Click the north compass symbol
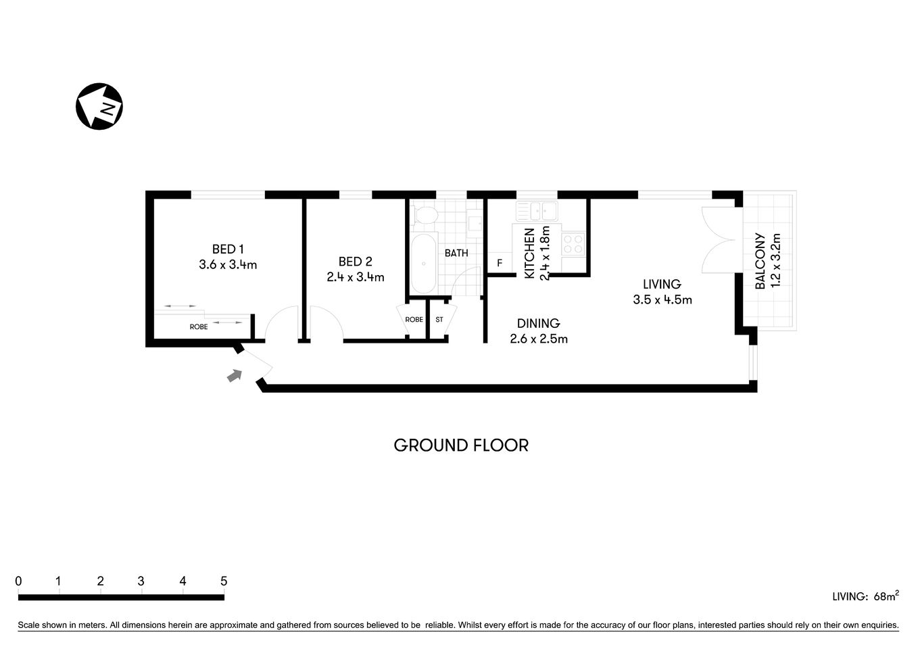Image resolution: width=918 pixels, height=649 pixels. pos(99,106)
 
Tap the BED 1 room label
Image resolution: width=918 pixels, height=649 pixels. pos(228,249)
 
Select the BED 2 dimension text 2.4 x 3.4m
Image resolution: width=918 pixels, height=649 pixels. pos(355,277)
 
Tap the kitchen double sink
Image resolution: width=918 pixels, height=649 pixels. pos(536,211)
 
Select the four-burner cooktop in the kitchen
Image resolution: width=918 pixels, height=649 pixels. pos(573,243)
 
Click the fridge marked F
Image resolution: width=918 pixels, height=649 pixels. pos(500,263)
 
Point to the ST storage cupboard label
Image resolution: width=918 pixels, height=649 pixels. pos(439,320)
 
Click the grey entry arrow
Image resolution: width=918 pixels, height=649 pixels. pos(234,375)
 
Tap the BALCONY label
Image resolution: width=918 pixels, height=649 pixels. pos(760,262)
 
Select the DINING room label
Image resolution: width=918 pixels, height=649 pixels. pos(538,323)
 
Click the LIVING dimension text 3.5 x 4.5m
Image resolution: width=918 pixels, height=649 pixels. pos(662,299)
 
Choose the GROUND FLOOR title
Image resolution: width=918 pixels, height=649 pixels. pos(461,446)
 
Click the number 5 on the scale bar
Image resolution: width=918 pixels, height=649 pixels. pos(224,581)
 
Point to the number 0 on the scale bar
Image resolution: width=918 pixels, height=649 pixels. pos(18,581)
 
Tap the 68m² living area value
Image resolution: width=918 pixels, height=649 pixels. pos(886,596)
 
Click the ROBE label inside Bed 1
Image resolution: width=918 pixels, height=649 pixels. pos(199,327)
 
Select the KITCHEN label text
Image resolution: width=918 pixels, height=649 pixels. pos(530,254)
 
